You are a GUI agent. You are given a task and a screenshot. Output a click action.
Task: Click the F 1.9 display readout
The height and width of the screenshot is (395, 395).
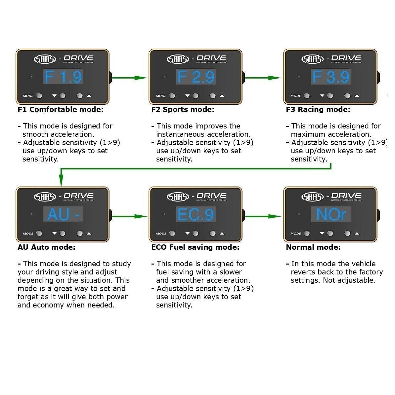(63, 77)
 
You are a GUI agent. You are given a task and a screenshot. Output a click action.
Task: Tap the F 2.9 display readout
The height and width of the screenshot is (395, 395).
(196, 77)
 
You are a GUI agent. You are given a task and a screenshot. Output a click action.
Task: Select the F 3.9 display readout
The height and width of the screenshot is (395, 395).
(331, 77)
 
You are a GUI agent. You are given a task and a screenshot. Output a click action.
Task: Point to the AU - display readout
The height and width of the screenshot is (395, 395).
(63, 215)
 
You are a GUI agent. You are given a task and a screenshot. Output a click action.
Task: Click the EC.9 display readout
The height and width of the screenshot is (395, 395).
(196, 215)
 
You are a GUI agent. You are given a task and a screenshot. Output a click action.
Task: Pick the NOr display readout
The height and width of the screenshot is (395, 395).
(331, 215)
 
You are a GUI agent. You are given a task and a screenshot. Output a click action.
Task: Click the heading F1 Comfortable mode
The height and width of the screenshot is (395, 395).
(61, 110)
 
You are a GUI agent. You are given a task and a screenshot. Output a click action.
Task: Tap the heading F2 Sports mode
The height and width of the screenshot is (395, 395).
(183, 110)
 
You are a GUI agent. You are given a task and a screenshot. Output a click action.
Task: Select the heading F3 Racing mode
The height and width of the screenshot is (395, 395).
(318, 110)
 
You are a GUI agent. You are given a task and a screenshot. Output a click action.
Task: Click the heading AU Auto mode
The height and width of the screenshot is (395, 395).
(46, 247)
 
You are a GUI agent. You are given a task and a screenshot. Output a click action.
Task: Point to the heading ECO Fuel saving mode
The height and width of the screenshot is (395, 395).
(195, 247)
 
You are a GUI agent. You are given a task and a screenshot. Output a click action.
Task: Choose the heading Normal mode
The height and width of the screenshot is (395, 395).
(313, 247)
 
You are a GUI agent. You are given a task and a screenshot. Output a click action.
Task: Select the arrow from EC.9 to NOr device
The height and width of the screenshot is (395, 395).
(263, 216)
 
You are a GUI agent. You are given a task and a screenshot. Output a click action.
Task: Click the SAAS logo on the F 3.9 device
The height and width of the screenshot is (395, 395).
(313, 59)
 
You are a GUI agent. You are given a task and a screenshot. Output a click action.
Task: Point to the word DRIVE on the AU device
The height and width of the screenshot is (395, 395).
(78, 196)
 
